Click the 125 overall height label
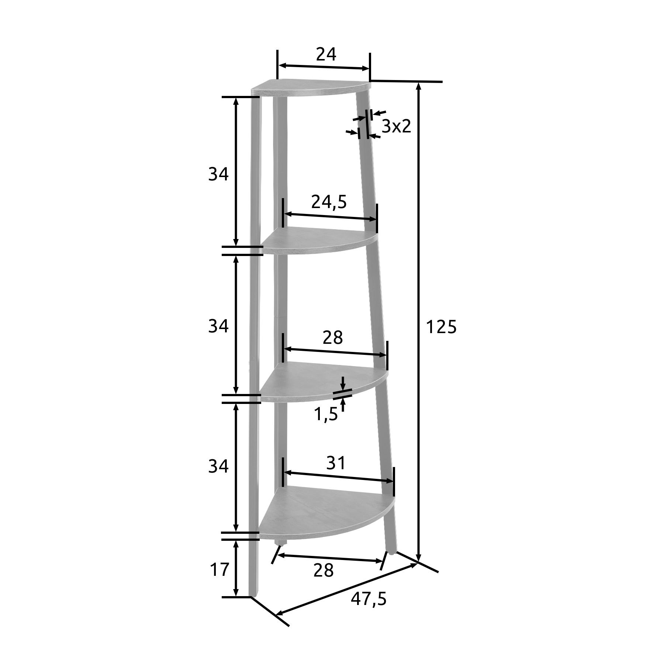tap(441, 327)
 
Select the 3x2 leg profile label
tap(396, 127)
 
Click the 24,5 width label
tap(329, 202)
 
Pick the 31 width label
tap(336, 463)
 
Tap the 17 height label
tap(219, 570)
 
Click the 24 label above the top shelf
tap(326, 55)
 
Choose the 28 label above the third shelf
tap(333, 338)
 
